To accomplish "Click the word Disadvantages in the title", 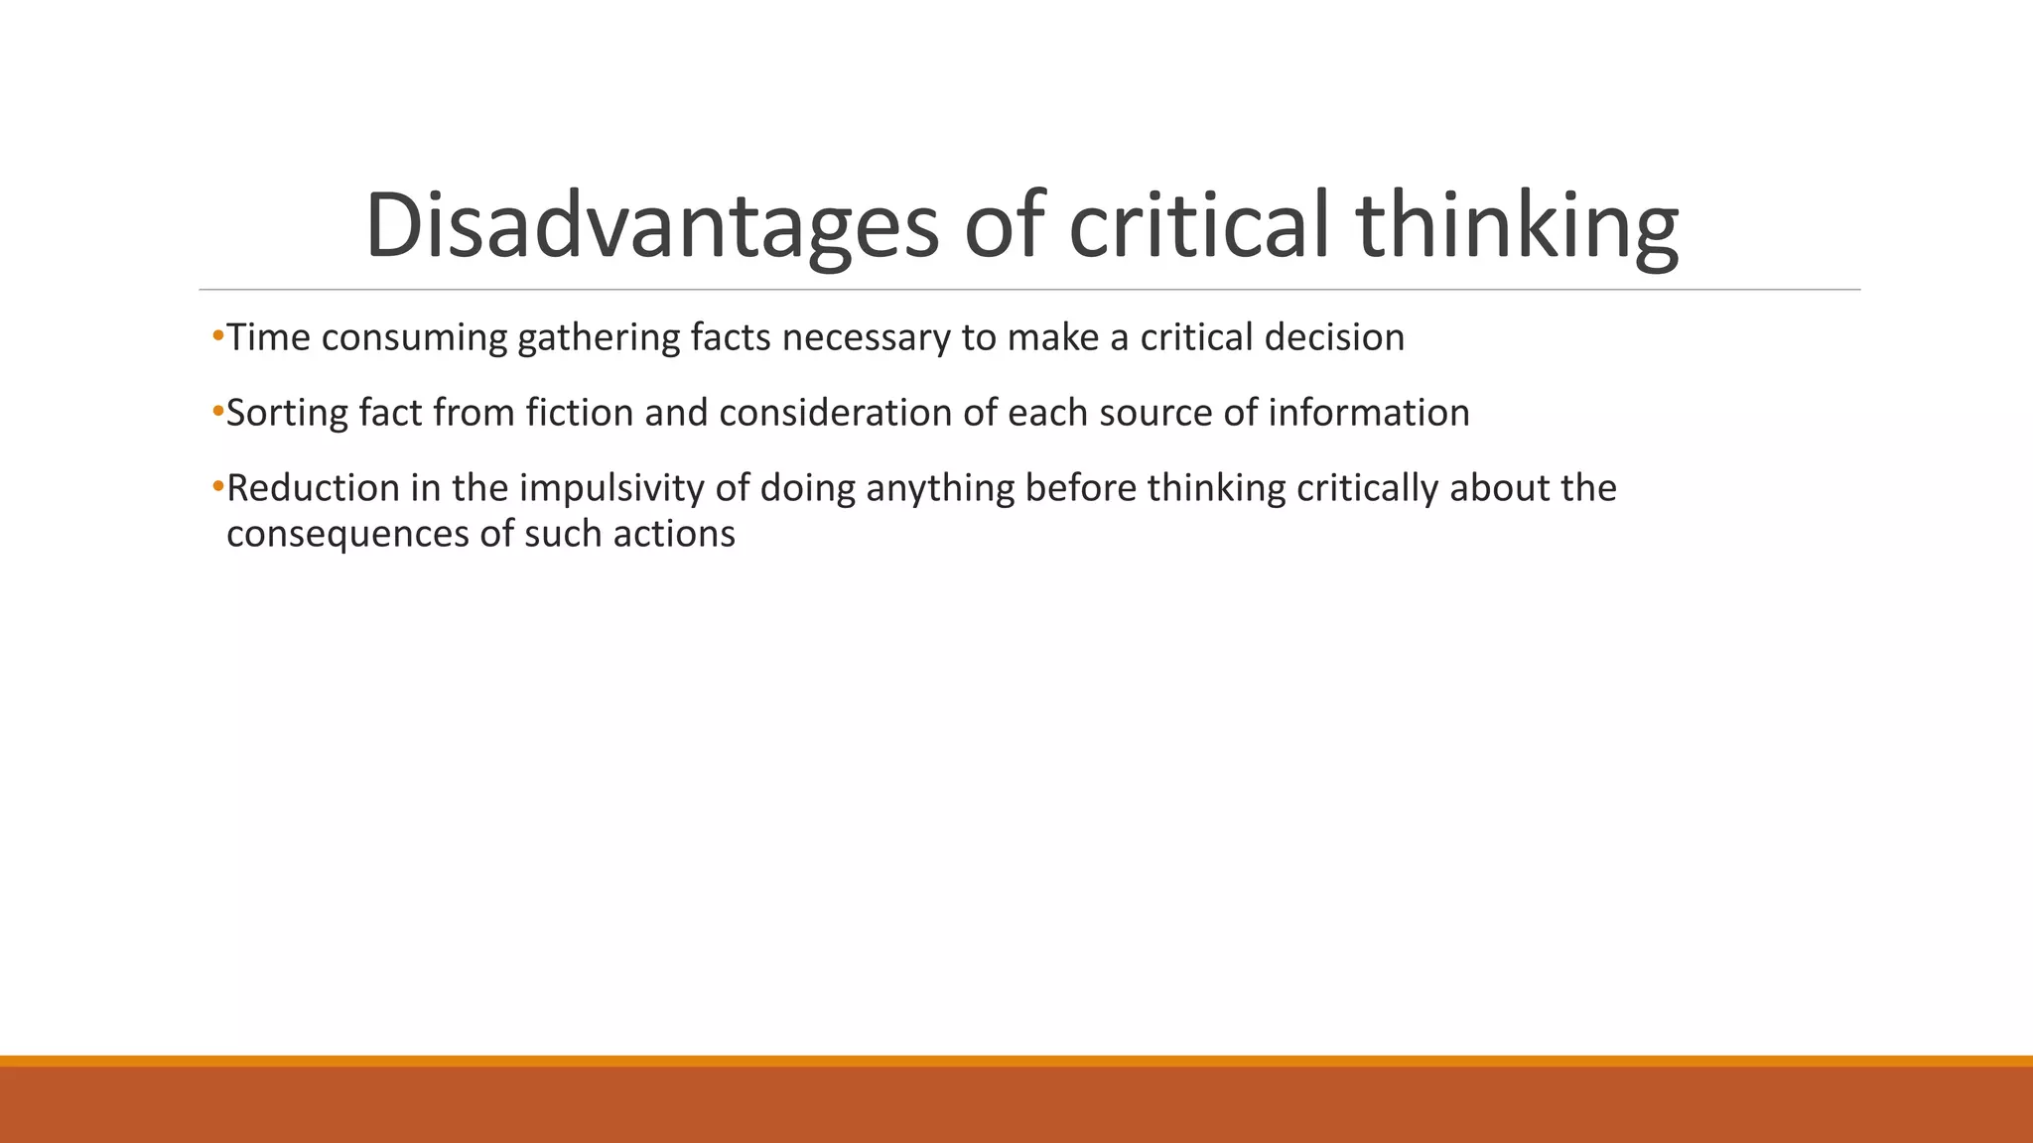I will point(651,226).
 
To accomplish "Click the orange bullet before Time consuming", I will point(217,336).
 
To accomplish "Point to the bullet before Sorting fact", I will point(217,412).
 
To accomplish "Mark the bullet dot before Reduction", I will point(217,487).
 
